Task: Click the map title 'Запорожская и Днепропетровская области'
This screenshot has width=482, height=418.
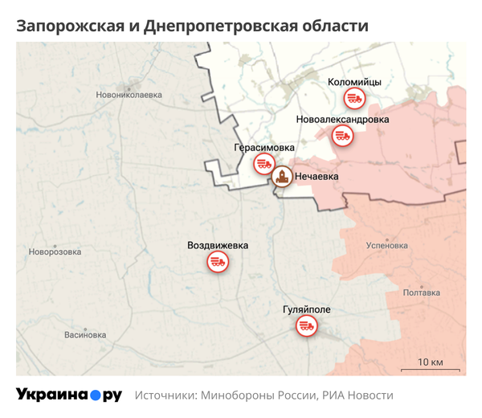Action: tap(193, 26)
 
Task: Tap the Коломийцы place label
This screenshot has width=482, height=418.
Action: tap(354, 82)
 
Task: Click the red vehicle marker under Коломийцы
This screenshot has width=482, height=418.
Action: tap(354, 99)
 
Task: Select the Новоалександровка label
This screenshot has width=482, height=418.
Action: tap(342, 120)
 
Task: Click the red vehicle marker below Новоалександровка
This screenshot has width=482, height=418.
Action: tap(343, 137)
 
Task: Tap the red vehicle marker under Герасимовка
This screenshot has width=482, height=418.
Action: tap(263, 165)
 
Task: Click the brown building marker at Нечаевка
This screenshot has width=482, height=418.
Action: tap(282, 177)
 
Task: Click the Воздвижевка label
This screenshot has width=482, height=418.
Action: tap(218, 245)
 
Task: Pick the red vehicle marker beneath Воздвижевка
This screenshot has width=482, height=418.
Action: tap(217, 261)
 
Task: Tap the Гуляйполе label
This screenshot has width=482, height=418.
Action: tap(307, 309)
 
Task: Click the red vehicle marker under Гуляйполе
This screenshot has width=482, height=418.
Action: tap(306, 326)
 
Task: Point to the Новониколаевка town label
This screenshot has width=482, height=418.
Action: tap(129, 95)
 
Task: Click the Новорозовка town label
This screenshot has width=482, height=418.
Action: tap(55, 252)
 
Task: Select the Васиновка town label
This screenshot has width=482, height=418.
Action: tap(84, 335)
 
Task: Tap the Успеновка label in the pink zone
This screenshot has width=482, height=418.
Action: tap(386, 246)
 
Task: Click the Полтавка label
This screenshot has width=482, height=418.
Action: tap(421, 293)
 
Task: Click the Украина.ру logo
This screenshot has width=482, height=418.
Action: tap(68, 395)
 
